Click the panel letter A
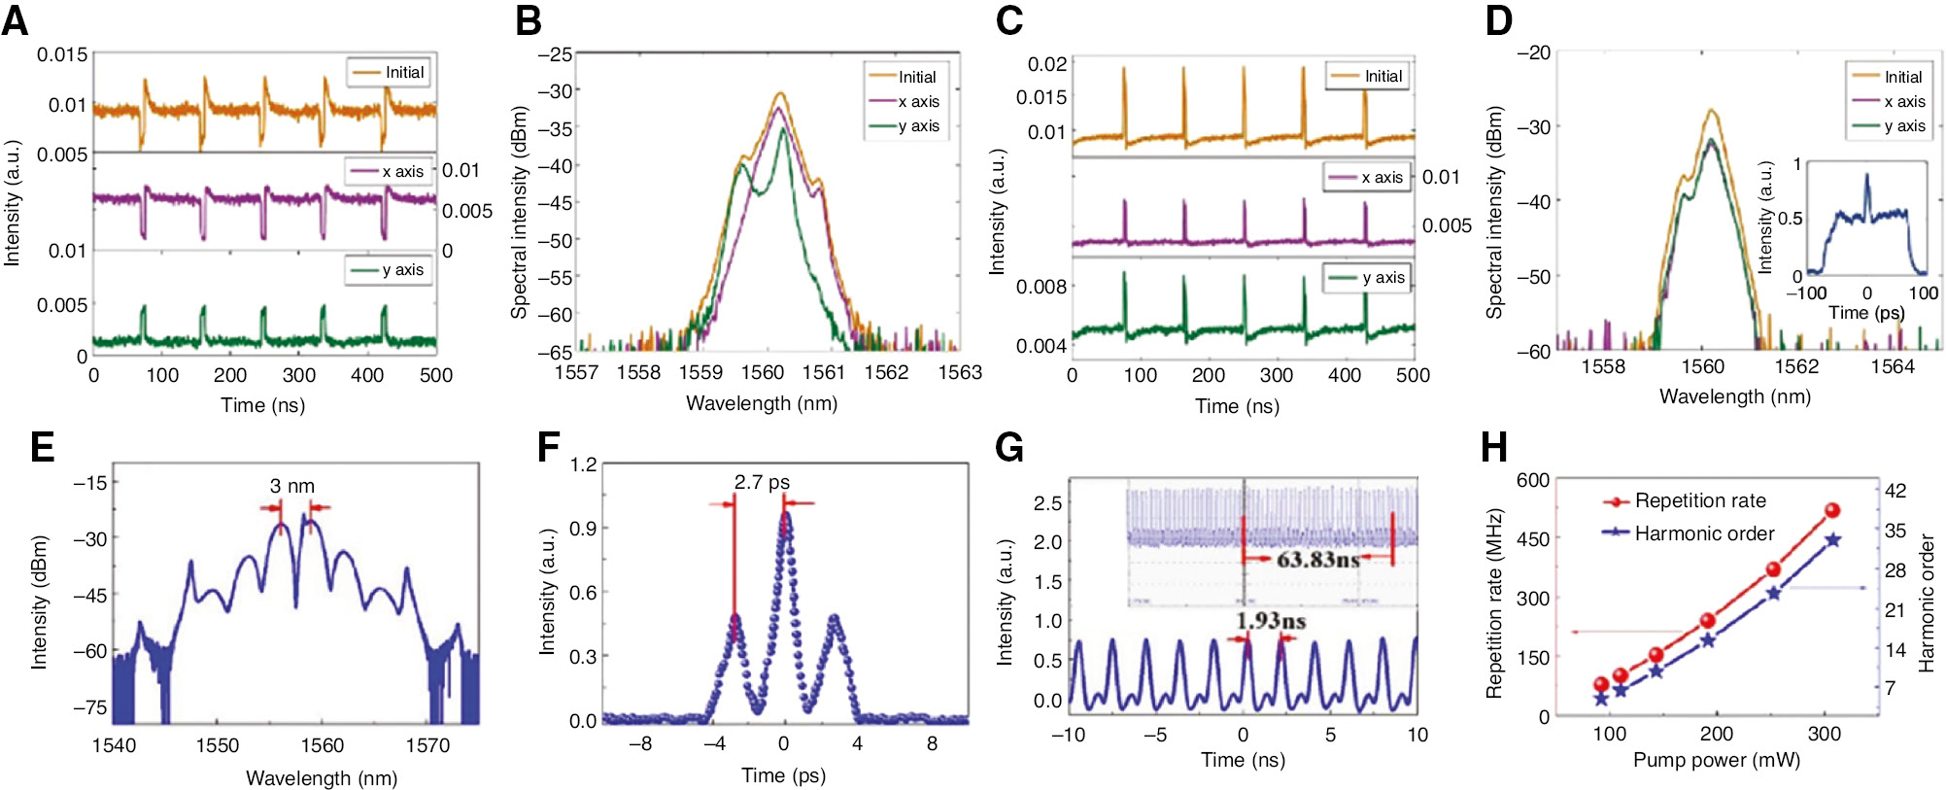click(x=16, y=19)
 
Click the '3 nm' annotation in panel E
click(x=291, y=486)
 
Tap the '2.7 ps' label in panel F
click(x=762, y=482)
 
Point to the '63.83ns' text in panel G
click(x=1317, y=560)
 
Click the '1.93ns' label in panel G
click(x=1270, y=621)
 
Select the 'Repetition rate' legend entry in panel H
click(x=1699, y=500)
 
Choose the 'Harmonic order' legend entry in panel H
click(x=1703, y=533)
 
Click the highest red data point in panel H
click(x=1832, y=510)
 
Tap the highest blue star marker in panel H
click(x=1833, y=540)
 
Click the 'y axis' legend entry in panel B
click(x=918, y=126)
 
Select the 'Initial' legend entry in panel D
click(x=1902, y=77)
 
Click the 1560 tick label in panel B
click(x=762, y=372)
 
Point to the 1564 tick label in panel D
click(x=1892, y=366)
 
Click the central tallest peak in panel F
click(x=785, y=515)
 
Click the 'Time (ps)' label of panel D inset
click(x=1865, y=313)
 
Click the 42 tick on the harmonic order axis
click(x=1895, y=491)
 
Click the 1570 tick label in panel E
click(x=427, y=745)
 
